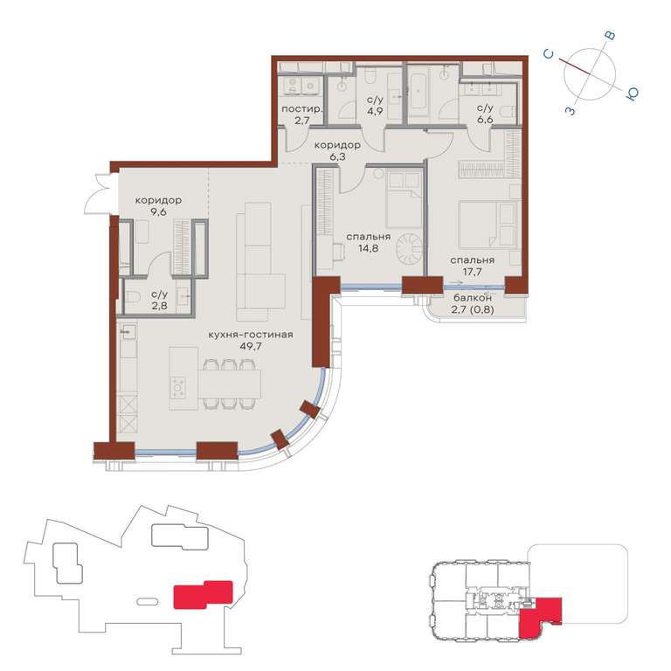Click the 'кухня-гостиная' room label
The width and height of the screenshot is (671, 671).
tap(251, 335)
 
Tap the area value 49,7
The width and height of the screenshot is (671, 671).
tap(251, 346)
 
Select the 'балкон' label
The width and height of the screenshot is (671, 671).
tap(473, 297)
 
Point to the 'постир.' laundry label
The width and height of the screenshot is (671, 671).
tap(301, 109)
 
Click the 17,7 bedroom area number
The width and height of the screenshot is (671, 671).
tap(473, 272)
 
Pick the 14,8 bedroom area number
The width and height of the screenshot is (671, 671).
tap(368, 248)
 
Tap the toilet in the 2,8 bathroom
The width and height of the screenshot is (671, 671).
tap(134, 296)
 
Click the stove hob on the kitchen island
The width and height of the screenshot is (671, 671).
tap(178, 388)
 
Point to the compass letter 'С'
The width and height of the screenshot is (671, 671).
tap(549, 54)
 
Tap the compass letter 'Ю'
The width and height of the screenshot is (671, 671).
tap(632, 93)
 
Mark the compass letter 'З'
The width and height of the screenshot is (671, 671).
tap(570, 111)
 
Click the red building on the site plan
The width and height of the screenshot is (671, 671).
tap(203, 594)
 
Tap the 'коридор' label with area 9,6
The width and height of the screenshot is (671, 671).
tap(158, 200)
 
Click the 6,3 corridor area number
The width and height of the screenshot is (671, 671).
tap(337, 156)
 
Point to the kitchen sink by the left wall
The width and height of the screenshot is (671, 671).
tap(127, 331)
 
